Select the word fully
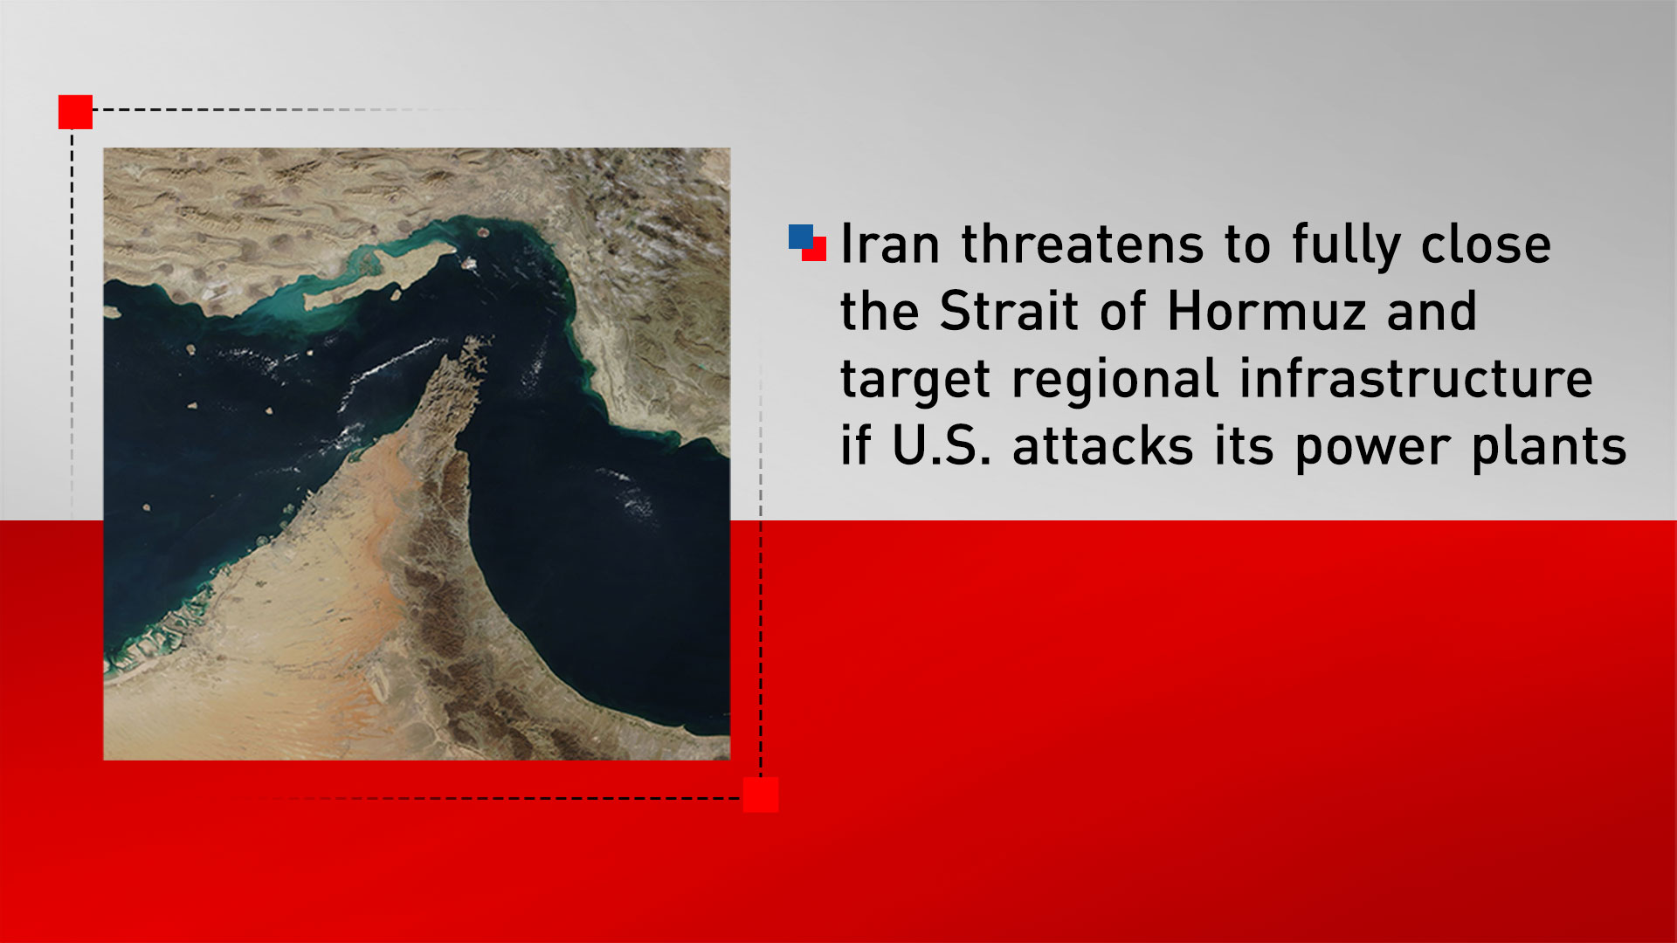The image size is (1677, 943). click(1346, 245)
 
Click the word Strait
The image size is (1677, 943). click(1008, 311)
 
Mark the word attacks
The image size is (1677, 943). click(1102, 446)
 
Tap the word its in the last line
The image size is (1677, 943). click(1244, 446)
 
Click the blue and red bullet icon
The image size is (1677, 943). click(807, 243)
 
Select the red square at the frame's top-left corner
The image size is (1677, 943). click(75, 112)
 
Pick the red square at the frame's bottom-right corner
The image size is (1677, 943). click(761, 795)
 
